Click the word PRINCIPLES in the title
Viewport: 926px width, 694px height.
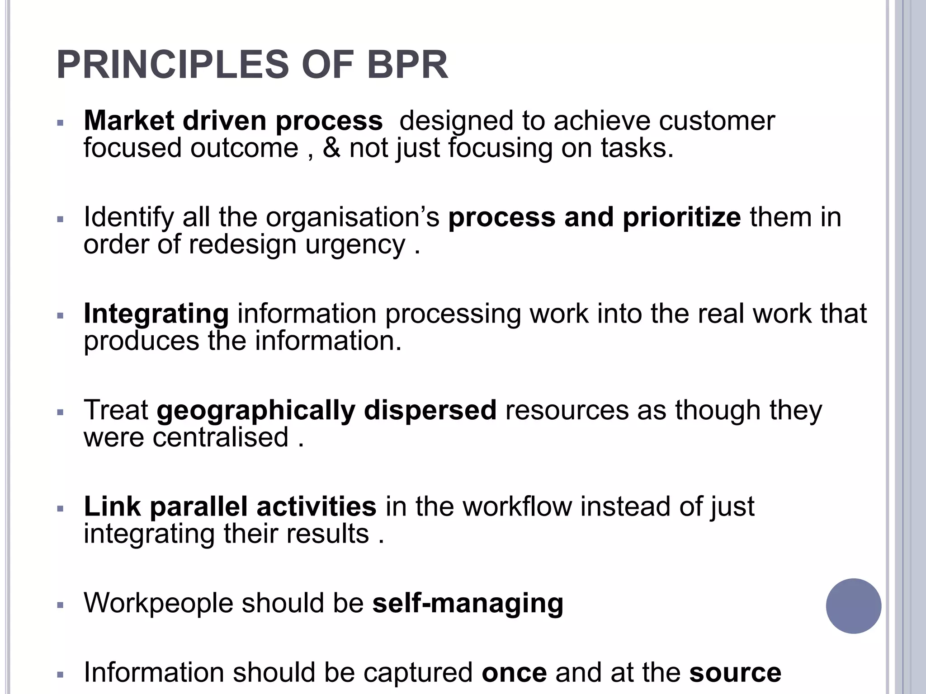173,65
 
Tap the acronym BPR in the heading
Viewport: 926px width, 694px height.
407,65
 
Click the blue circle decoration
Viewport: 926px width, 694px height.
853,606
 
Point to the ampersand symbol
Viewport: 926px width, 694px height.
331,148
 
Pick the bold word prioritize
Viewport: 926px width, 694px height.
682,217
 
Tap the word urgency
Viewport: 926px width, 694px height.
355,245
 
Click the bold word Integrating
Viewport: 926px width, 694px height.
156,314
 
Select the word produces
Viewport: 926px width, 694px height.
141,341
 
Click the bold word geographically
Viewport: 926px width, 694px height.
256,411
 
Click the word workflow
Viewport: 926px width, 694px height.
517,506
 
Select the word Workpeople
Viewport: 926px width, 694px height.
158,604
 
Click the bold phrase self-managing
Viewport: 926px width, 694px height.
468,604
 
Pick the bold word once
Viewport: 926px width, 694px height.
514,673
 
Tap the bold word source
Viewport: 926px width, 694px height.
735,673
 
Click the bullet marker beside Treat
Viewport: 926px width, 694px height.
61,412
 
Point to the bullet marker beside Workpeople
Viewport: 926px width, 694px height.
61,605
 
